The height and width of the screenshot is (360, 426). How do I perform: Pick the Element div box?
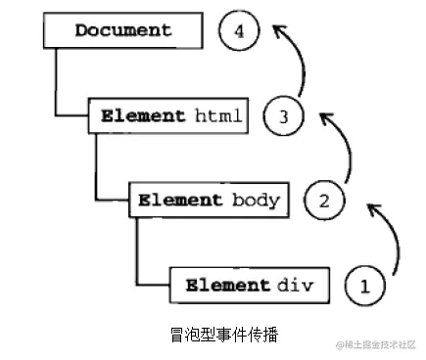pyautogui.click(x=248, y=286)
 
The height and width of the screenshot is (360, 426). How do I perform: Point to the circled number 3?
pyautogui.click(x=283, y=116)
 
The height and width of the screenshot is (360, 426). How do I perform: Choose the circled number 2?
pyautogui.click(x=324, y=202)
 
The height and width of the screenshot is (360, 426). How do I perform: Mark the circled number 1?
pyautogui.click(x=365, y=287)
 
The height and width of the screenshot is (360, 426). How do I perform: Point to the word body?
pyautogui.click(x=258, y=201)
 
